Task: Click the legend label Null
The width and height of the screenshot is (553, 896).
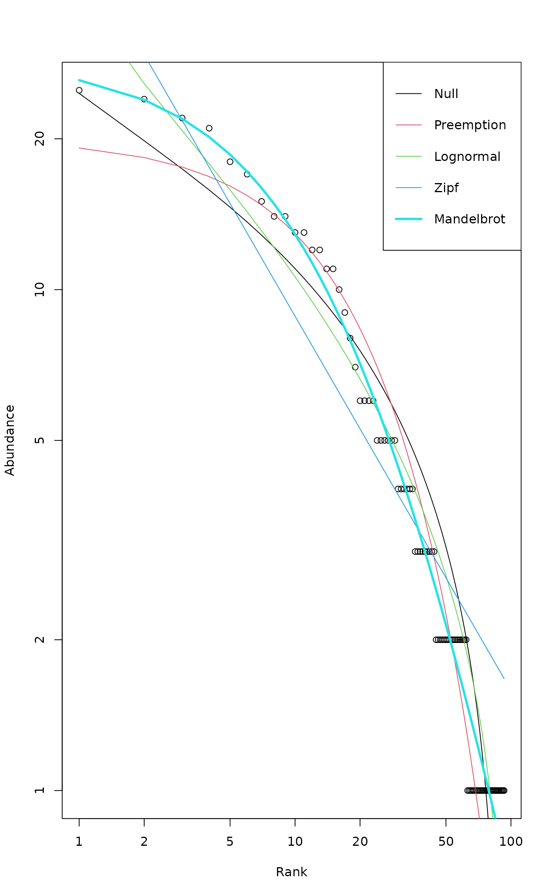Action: point(446,94)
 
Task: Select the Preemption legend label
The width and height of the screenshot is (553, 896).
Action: point(470,125)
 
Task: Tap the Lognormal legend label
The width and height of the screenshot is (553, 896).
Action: point(467,157)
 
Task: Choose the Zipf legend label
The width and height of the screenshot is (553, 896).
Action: point(446,187)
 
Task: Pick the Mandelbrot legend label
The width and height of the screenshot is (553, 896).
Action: point(469,219)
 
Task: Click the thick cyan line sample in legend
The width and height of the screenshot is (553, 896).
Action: point(408,219)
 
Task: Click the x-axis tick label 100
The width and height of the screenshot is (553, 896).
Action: point(511,841)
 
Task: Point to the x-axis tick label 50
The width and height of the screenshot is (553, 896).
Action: point(446,841)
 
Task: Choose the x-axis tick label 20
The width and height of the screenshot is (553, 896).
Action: point(360,841)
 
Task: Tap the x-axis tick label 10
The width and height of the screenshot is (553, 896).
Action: point(295,841)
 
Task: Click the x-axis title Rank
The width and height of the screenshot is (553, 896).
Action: point(292,872)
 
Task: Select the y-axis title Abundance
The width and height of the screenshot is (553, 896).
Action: point(9,440)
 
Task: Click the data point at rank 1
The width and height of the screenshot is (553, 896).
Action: point(79,90)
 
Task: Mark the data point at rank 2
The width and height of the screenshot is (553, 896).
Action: point(144,99)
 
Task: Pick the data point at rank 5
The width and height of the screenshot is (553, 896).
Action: point(230,162)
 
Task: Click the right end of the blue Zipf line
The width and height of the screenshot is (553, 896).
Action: point(504,679)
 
